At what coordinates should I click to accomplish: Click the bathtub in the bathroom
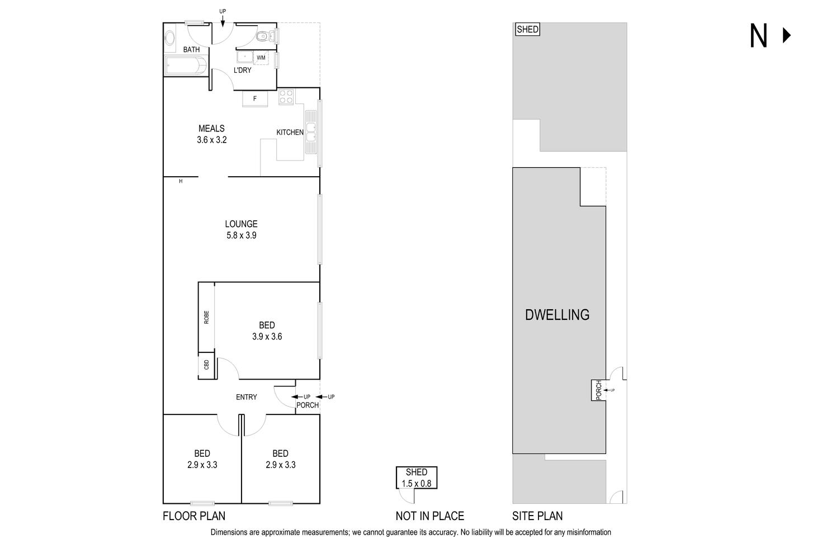pos(187,66)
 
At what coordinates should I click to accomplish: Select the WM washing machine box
pos(261,58)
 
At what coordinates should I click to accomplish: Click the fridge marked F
pos(255,98)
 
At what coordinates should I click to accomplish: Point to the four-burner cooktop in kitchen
pos(286,97)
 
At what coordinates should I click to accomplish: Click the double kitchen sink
pos(310,131)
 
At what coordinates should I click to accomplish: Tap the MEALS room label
pos(211,129)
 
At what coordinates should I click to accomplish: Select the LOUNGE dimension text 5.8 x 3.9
pos(241,235)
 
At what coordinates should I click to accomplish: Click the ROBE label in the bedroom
pos(206,317)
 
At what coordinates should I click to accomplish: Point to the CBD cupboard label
pos(206,365)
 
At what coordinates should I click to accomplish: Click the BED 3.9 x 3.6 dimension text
pos(267,337)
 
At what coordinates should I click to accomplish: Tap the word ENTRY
pos(246,397)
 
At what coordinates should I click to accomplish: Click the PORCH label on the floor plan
pos(308,405)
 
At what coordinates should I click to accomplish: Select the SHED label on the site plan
pos(527,30)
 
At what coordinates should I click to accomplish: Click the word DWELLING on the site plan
pos(557,315)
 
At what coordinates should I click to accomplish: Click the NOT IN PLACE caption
pos(429,516)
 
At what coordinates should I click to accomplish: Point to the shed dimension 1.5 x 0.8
pos(417,484)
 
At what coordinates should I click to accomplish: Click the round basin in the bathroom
pos(169,38)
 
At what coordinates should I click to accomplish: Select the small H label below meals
pos(181,181)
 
